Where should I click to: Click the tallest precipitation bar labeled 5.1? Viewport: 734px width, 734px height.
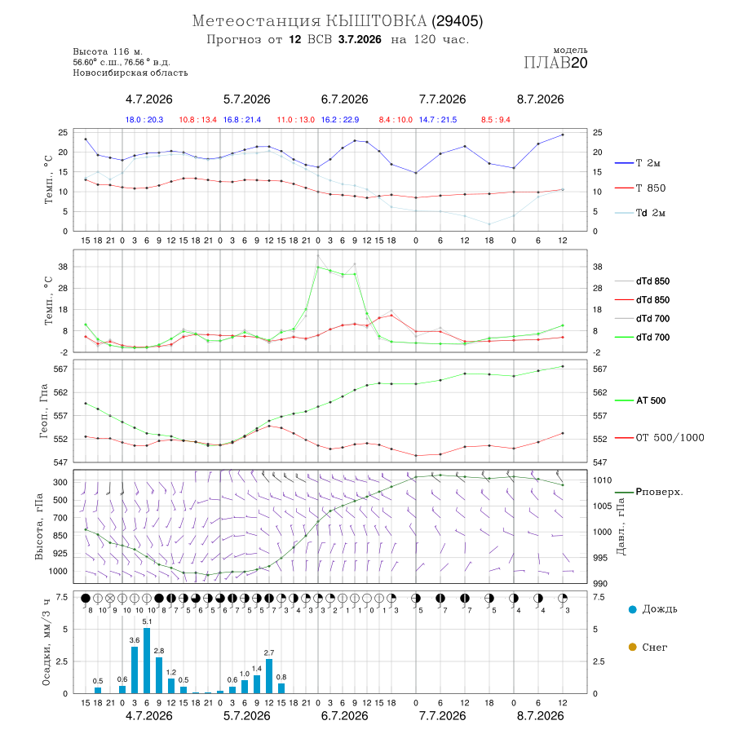[147, 661]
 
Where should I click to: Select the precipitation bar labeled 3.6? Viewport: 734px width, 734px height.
[135, 670]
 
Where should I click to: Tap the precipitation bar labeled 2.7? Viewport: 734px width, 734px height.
[268, 676]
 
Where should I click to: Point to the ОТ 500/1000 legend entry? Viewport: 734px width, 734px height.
[660, 438]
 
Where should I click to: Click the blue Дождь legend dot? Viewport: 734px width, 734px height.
[633, 609]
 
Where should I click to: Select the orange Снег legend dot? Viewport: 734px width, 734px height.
[633, 647]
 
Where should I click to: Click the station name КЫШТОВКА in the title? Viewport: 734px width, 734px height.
[376, 21]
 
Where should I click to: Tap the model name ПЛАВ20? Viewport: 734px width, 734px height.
[555, 63]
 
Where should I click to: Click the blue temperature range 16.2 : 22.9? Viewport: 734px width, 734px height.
[340, 120]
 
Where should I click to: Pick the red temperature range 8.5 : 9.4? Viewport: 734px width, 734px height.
[496, 120]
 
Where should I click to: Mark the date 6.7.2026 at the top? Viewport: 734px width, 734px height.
[344, 99]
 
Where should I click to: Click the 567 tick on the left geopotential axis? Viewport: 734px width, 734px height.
[61, 369]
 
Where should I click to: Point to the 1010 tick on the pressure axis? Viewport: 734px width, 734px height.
[602, 480]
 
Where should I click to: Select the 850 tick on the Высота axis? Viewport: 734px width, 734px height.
[60, 536]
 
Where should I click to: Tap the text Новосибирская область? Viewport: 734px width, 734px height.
[130, 73]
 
